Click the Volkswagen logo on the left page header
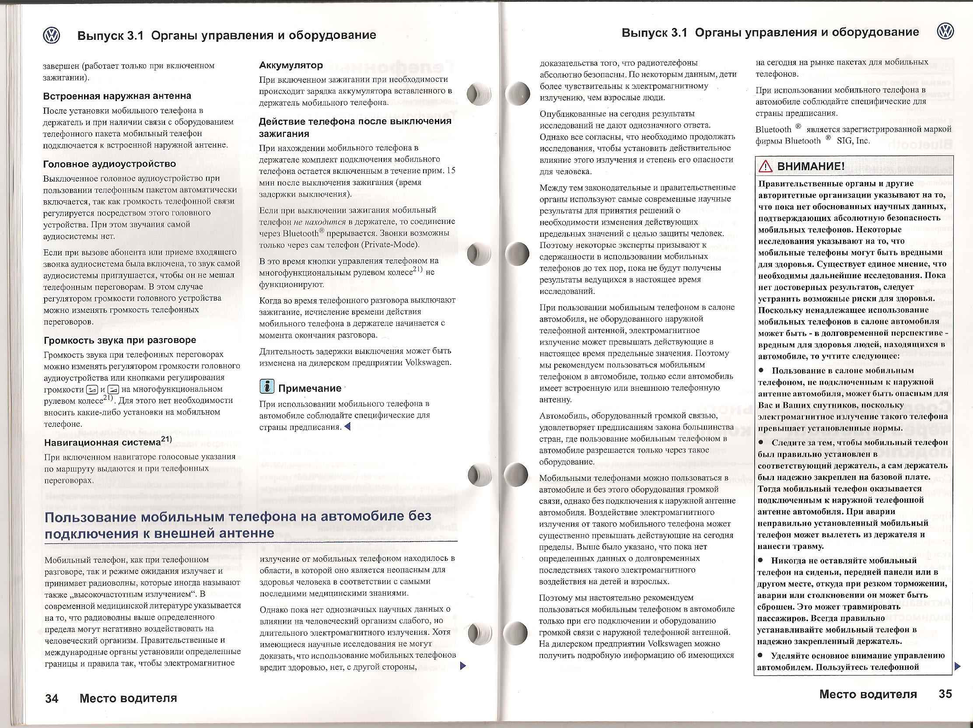click(52, 35)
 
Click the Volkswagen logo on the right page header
click(945, 31)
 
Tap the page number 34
click(52, 699)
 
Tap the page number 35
click(945, 694)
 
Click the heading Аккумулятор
click(291, 65)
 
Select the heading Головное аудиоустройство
click(109, 164)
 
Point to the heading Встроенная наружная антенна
click(117, 96)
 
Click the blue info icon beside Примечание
click(266, 387)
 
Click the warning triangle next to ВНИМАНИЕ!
click(765, 166)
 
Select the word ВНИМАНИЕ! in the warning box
click(811, 166)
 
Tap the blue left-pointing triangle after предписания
click(347, 427)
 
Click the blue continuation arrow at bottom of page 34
click(462, 666)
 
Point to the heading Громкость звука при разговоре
click(119, 340)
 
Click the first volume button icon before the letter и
click(92, 389)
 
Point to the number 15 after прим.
click(451, 170)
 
